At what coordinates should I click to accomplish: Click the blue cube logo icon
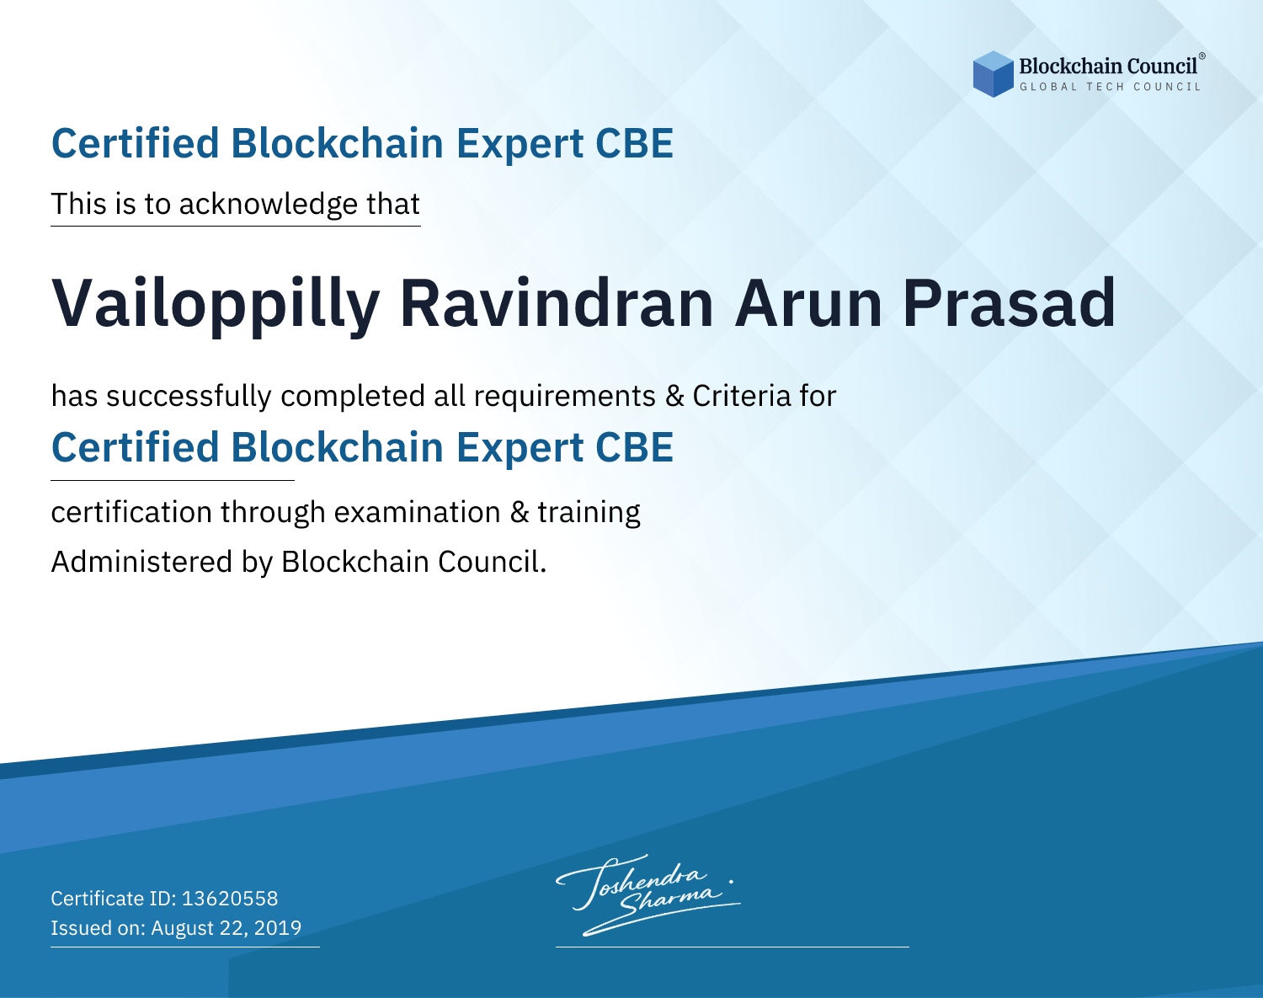993,74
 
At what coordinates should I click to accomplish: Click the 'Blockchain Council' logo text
1107,67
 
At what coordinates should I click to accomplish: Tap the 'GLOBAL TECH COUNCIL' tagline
1110,87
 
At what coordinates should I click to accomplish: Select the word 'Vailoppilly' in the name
216,305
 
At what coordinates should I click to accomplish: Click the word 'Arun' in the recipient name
808,303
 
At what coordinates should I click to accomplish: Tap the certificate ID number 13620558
230,898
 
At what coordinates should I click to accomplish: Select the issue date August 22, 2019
226,927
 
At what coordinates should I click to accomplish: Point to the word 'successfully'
189,397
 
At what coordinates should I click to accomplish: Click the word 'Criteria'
741,396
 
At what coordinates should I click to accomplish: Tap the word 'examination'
418,512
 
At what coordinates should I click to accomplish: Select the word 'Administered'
142,562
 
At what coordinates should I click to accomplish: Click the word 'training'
589,513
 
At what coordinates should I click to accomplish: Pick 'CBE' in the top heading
634,144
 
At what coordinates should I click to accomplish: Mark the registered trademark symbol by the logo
1202,56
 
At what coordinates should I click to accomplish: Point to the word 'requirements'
565,397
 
